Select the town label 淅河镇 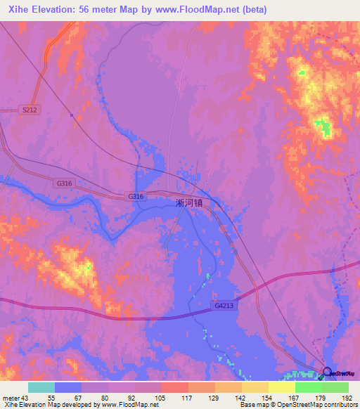pos(189,202)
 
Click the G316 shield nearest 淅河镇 pos(136,196)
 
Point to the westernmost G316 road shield pos(63,183)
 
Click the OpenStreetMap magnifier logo pos(327,372)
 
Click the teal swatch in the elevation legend pos(41,387)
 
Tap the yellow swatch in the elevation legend pos(282,387)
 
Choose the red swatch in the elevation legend pos(175,387)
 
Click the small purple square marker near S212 pos(72,115)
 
